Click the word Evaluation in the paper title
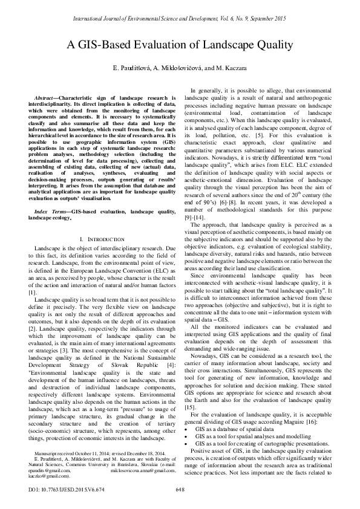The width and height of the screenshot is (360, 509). point(161,45)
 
